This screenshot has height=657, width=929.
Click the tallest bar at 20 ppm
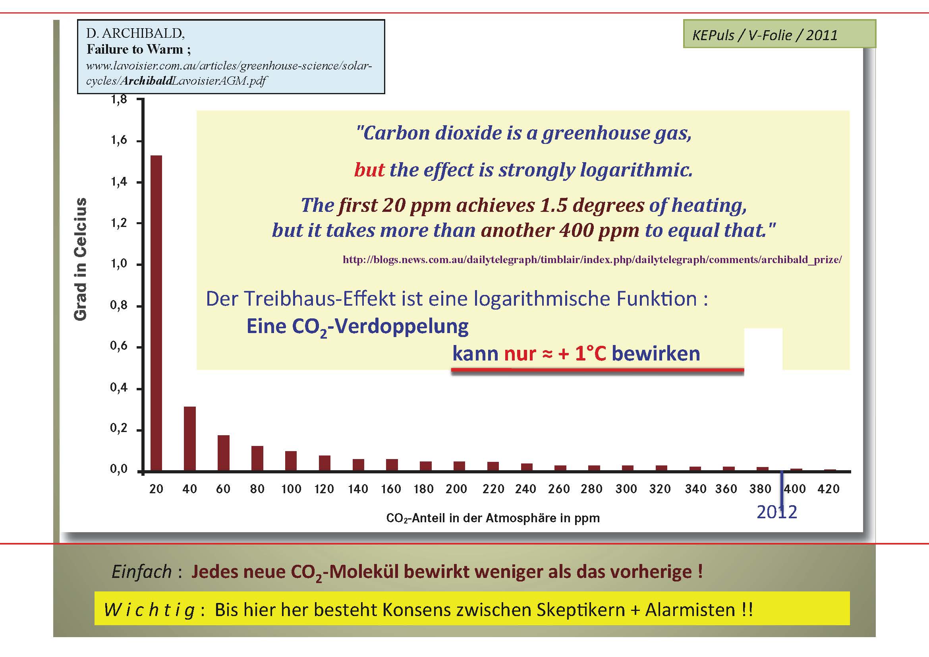tap(156, 313)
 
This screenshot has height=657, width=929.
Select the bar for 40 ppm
tap(190, 438)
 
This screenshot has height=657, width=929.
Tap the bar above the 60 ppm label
tap(223, 453)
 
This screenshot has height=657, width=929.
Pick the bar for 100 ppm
tap(291, 461)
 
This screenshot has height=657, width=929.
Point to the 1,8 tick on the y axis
tap(119, 99)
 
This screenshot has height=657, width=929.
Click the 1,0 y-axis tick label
tap(119, 264)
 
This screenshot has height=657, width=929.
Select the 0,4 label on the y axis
tap(119, 388)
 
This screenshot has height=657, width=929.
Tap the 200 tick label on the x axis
tap(456, 488)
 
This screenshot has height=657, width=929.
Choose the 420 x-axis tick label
tap(828, 488)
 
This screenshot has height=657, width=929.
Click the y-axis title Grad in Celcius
tap(81, 259)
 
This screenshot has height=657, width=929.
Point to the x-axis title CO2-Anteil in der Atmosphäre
tap(493, 518)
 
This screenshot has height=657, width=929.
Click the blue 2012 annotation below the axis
tap(777, 512)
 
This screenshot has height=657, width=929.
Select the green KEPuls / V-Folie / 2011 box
tap(779, 34)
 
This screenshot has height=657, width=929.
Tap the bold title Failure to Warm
tap(135, 49)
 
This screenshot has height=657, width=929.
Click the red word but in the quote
tap(369, 169)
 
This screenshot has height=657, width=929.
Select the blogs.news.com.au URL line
tap(592, 260)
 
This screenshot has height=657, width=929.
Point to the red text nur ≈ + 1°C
tap(555, 353)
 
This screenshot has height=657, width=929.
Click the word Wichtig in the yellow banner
tap(149, 610)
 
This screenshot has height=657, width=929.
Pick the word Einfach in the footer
tap(142, 572)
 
